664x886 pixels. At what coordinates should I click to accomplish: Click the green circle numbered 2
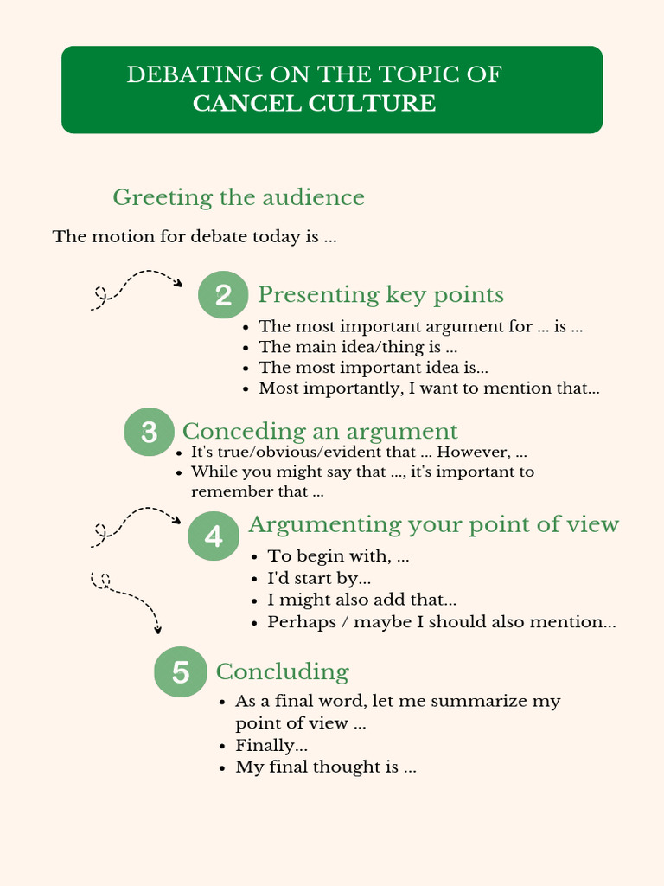coord(223,295)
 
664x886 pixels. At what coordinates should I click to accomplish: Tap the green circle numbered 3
coord(149,432)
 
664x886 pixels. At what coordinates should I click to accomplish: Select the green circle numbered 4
coord(214,536)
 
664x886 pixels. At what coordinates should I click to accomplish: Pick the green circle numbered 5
coord(180,672)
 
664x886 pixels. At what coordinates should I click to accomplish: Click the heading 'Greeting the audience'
coord(239,197)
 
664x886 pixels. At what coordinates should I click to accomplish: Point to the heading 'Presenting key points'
coord(380,295)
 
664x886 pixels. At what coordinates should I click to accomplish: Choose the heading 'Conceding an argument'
coord(320,431)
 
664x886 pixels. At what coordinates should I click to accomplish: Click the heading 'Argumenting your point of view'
coord(433,524)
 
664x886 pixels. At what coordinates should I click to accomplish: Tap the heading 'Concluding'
coord(282,671)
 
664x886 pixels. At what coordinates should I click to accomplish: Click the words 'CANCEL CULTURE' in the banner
coord(314,104)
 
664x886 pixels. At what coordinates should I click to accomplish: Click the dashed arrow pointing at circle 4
coord(135,524)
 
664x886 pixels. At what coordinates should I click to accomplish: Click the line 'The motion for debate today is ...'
coord(195,236)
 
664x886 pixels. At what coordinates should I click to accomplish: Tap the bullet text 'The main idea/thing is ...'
coord(358,347)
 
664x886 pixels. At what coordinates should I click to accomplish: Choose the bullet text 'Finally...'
coord(271,745)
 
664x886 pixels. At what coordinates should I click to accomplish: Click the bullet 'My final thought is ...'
coord(326,767)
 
